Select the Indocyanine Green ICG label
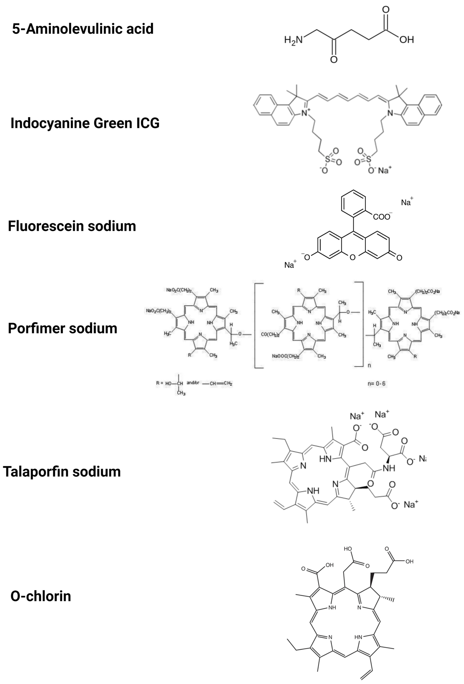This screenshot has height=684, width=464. click(85, 123)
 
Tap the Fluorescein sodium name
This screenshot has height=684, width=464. click(72, 226)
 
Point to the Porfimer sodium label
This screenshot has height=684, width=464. click(63, 328)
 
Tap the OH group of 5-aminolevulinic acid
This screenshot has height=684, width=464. click(407, 40)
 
